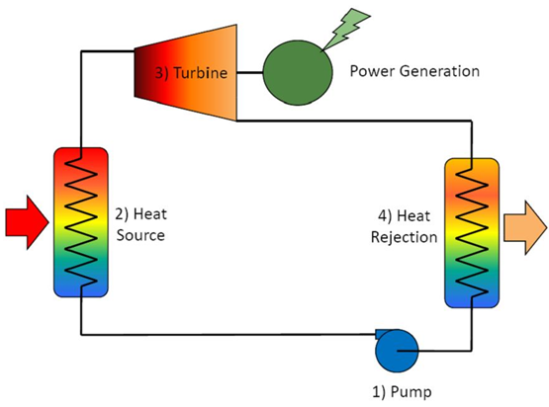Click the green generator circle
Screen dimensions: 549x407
click(x=298, y=73)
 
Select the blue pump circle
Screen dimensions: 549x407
click(x=397, y=351)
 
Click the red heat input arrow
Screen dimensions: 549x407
click(x=27, y=222)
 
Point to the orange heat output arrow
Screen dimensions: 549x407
click(x=525, y=227)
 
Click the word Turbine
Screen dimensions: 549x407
click(x=201, y=73)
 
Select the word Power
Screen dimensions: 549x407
click(x=373, y=71)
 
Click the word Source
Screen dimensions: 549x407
click(x=140, y=235)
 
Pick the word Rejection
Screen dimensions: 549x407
click(x=404, y=237)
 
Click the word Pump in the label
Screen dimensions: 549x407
click(x=411, y=392)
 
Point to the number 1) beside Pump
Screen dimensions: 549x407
click(x=379, y=392)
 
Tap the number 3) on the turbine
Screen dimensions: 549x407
click(x=162, y=73)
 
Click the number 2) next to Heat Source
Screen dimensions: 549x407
click(x=123, y=214)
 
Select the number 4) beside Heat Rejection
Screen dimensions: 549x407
click(x=385, y=216)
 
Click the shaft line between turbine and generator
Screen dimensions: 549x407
click(x=249, y=73)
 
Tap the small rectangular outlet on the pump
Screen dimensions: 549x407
click(x=381, y=334)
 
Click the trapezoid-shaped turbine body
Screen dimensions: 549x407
click(x=186, y=73)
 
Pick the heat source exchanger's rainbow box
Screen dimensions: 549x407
click(x=81, y=222)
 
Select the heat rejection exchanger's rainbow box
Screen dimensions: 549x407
click(x=472, y=233)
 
